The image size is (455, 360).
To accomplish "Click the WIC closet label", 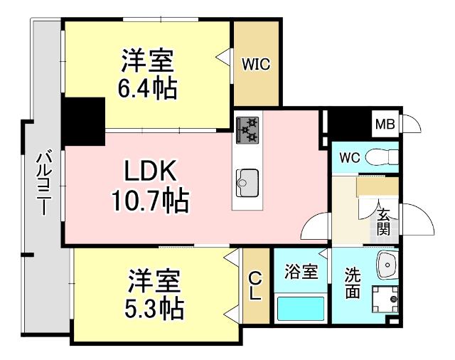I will coord(255,65).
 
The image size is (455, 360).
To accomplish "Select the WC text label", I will coord(349,157).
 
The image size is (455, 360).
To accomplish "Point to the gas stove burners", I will coord(247,129).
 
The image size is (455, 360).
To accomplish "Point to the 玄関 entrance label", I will coord(383,222).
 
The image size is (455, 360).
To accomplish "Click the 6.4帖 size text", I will coord(148,89).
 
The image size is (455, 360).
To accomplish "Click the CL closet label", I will coord(254,286).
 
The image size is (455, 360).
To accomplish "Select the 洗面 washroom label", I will coord(353,282).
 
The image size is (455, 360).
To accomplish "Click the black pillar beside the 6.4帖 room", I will coord(83,122).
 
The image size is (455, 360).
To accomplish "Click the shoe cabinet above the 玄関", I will coord(378,186).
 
